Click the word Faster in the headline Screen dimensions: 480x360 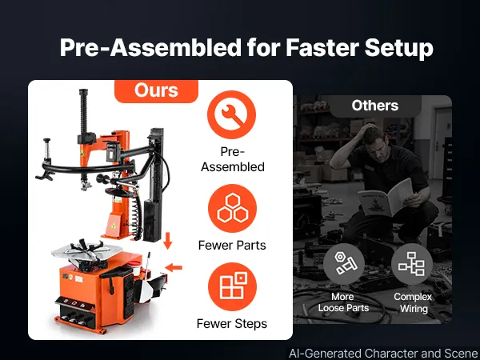(322, 48)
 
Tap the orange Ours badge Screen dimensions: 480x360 (157, 91)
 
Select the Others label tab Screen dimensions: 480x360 (375, 106)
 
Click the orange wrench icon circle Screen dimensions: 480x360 (231, 114)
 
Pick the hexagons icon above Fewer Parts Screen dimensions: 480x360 (232, 208)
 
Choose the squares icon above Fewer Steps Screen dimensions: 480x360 (232, 286)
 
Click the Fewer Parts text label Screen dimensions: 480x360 (232, 246)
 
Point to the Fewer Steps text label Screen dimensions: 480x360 (232, 324)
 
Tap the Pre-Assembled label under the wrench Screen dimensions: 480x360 (233, 159)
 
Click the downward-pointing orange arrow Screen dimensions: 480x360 (167, 241)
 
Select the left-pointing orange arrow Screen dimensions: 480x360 (174, 268)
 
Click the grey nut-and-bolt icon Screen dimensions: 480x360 (344, 264)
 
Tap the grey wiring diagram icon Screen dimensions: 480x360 (412, 264)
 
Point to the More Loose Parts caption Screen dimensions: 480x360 (343, 302)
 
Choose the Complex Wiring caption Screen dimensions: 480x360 (413, 302)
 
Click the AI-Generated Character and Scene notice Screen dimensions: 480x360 (383, 354)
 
